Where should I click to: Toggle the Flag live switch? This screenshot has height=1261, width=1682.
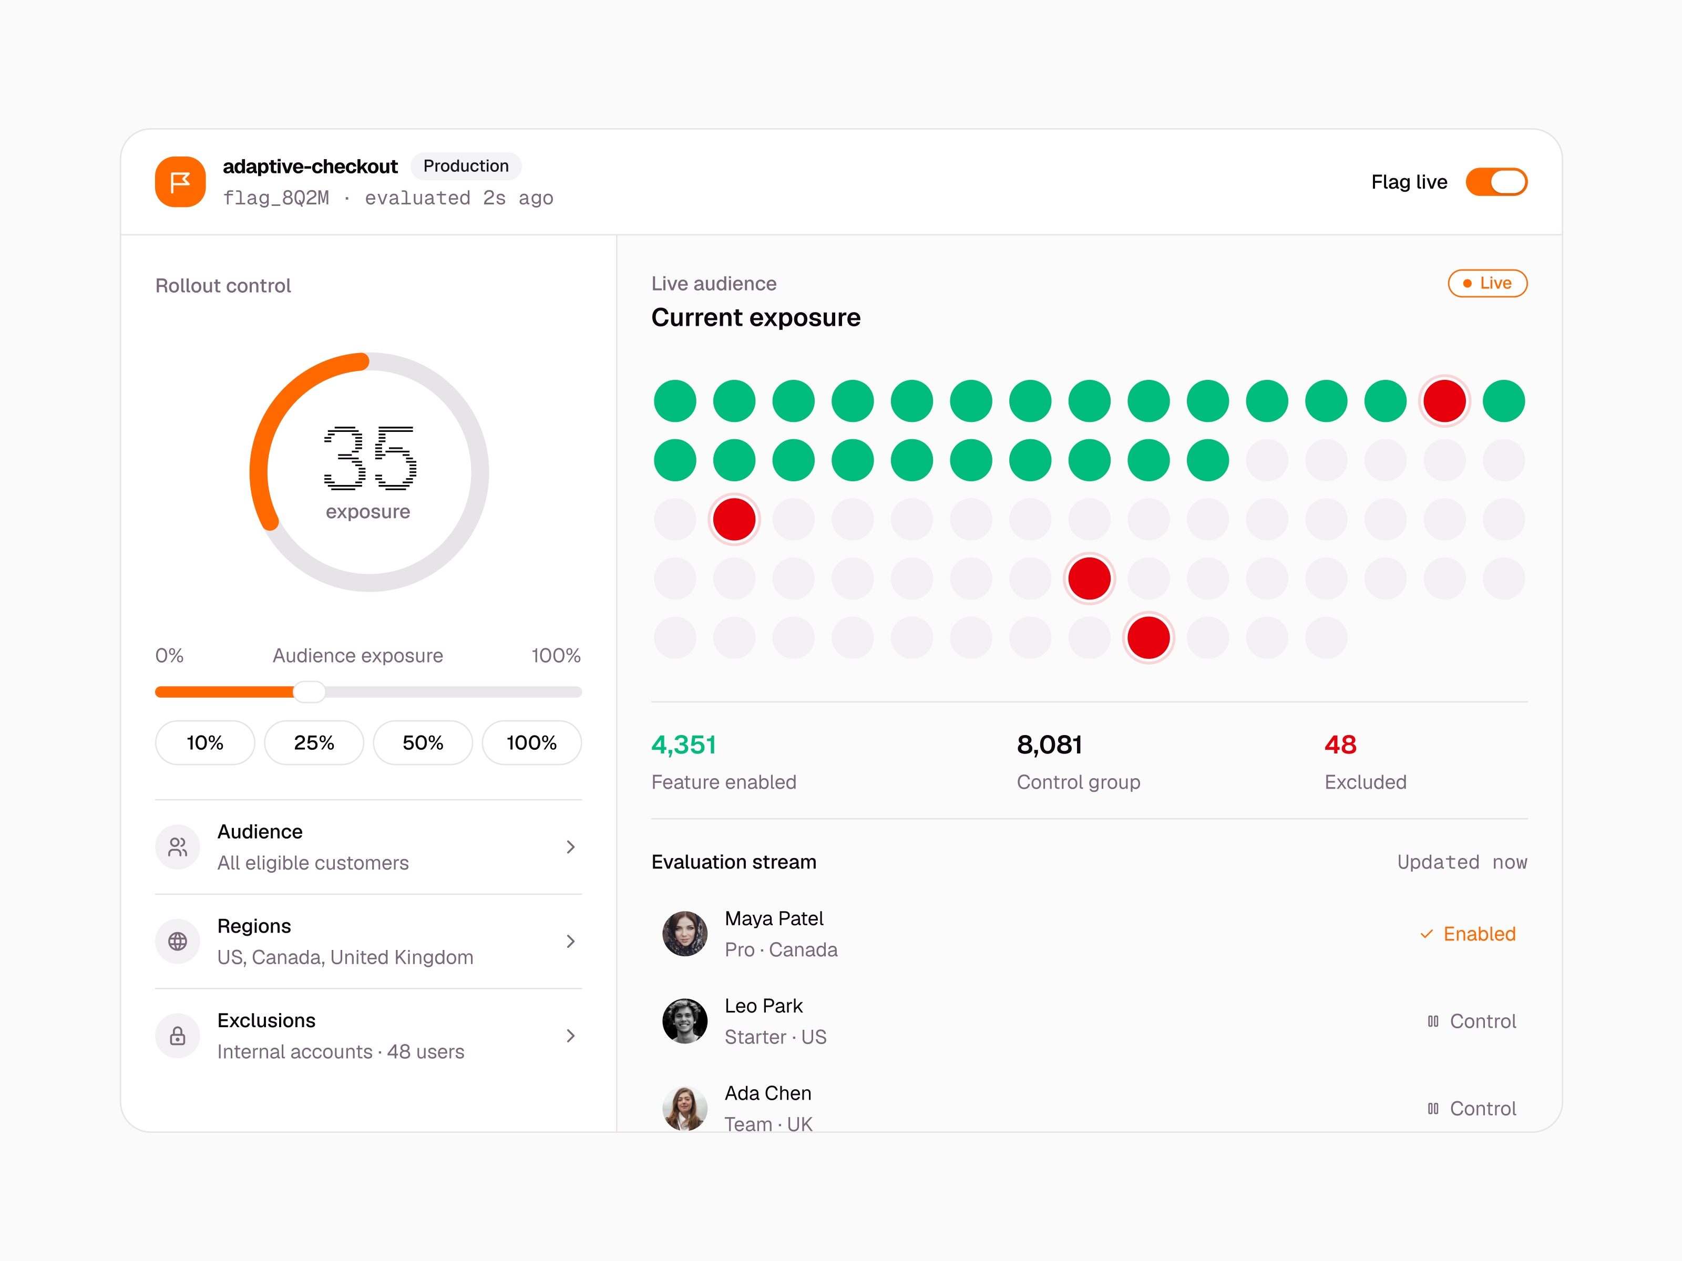click(x=1496, y=182)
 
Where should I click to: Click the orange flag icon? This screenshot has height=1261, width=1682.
click(x=180, y=182)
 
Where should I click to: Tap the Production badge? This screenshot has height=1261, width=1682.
click(x=465, y=167)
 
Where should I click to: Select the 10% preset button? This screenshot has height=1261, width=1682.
click(x=204, y=742)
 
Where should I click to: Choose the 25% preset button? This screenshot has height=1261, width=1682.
click(x=314, y=742)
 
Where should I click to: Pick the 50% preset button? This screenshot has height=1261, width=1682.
click(x=423, y=742)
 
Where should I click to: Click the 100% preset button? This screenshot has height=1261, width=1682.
click(x=531, y=742)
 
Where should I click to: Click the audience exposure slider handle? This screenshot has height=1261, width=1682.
click(x=310, y=691)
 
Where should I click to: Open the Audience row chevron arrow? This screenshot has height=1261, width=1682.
click(x=570, y=847)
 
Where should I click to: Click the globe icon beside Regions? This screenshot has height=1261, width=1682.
click(x=178, y=941)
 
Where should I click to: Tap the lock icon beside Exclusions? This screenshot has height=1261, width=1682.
click(x=178, y=1035)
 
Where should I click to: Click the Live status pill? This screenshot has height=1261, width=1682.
click(x=1488, y=284)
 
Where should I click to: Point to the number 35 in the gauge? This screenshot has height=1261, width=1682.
click(x=370, y=458)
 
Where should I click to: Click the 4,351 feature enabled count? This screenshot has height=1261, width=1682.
click(x=684, y=745)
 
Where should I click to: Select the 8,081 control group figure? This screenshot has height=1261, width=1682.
click(x=1049, y=745)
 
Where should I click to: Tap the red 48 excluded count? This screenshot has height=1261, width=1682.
click(x=1340, y=745)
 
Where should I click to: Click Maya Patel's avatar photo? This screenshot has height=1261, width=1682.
click(x=685, y=933)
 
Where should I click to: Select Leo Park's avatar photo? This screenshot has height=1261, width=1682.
click(x=685, y=1021)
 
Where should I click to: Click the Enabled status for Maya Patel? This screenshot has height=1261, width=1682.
click(x=1468, y=934)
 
